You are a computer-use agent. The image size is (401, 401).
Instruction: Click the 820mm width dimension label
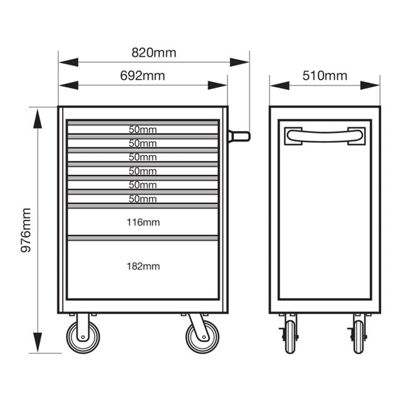coord(154,53)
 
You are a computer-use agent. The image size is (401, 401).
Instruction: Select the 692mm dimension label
coord(142,76)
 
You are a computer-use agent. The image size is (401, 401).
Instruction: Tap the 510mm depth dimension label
coord(325,76)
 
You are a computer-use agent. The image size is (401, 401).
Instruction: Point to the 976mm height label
coord(26,230)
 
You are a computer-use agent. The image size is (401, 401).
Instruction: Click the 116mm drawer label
coord(143,222)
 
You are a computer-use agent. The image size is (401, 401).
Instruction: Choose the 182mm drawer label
coord(143,266)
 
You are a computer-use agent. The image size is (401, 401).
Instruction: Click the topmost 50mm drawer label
coord(143,130)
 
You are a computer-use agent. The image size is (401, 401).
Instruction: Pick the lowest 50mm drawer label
coord(143,199)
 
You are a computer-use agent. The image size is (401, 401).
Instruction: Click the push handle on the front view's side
coord(239,136)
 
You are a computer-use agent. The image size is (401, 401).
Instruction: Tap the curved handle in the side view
coord(325,136)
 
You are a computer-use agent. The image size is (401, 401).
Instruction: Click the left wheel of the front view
coord(83,337)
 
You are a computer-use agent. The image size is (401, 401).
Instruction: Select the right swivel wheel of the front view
coord(202,337)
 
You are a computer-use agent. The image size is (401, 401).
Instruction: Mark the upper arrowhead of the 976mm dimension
coord(38,118)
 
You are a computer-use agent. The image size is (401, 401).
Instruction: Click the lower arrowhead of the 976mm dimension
coord(38,342)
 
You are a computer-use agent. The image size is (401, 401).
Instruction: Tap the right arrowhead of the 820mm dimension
coord(239,62)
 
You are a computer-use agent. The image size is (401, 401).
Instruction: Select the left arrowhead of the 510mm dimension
coord(279,85)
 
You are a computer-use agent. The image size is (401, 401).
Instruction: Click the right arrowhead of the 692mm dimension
coord(217,85)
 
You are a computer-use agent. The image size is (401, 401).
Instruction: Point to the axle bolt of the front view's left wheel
coord(83,337)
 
